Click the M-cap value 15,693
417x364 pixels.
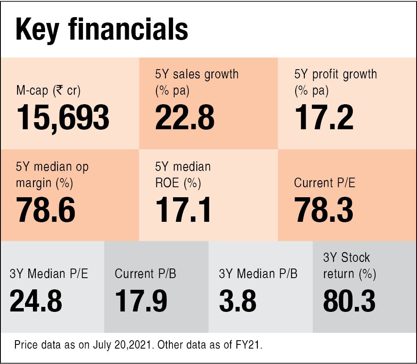63,118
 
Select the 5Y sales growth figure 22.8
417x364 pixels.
185,118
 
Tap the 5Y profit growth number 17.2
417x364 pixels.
324,118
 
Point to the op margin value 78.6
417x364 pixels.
46,210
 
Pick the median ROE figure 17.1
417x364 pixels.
183,210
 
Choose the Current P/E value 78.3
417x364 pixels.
324,210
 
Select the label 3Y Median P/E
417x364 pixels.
49,274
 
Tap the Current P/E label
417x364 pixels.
325,183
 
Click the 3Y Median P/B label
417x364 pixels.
258,274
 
